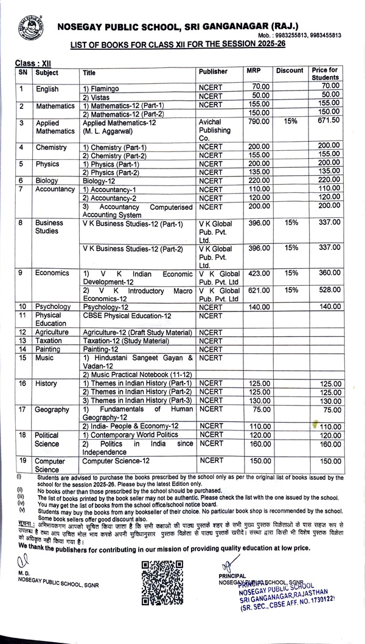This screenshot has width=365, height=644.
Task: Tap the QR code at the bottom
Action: pyautogui.click(x=162, y=583)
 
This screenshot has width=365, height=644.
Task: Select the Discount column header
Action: pyautogui.click(x=289, y=71)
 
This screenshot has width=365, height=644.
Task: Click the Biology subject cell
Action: pyautogui.click(x=46, y=180)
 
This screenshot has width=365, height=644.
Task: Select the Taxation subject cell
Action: pyautogui.click(x=49, y=341)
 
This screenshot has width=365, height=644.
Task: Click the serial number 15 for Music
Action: pyautogui.click(x=22, y=358)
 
